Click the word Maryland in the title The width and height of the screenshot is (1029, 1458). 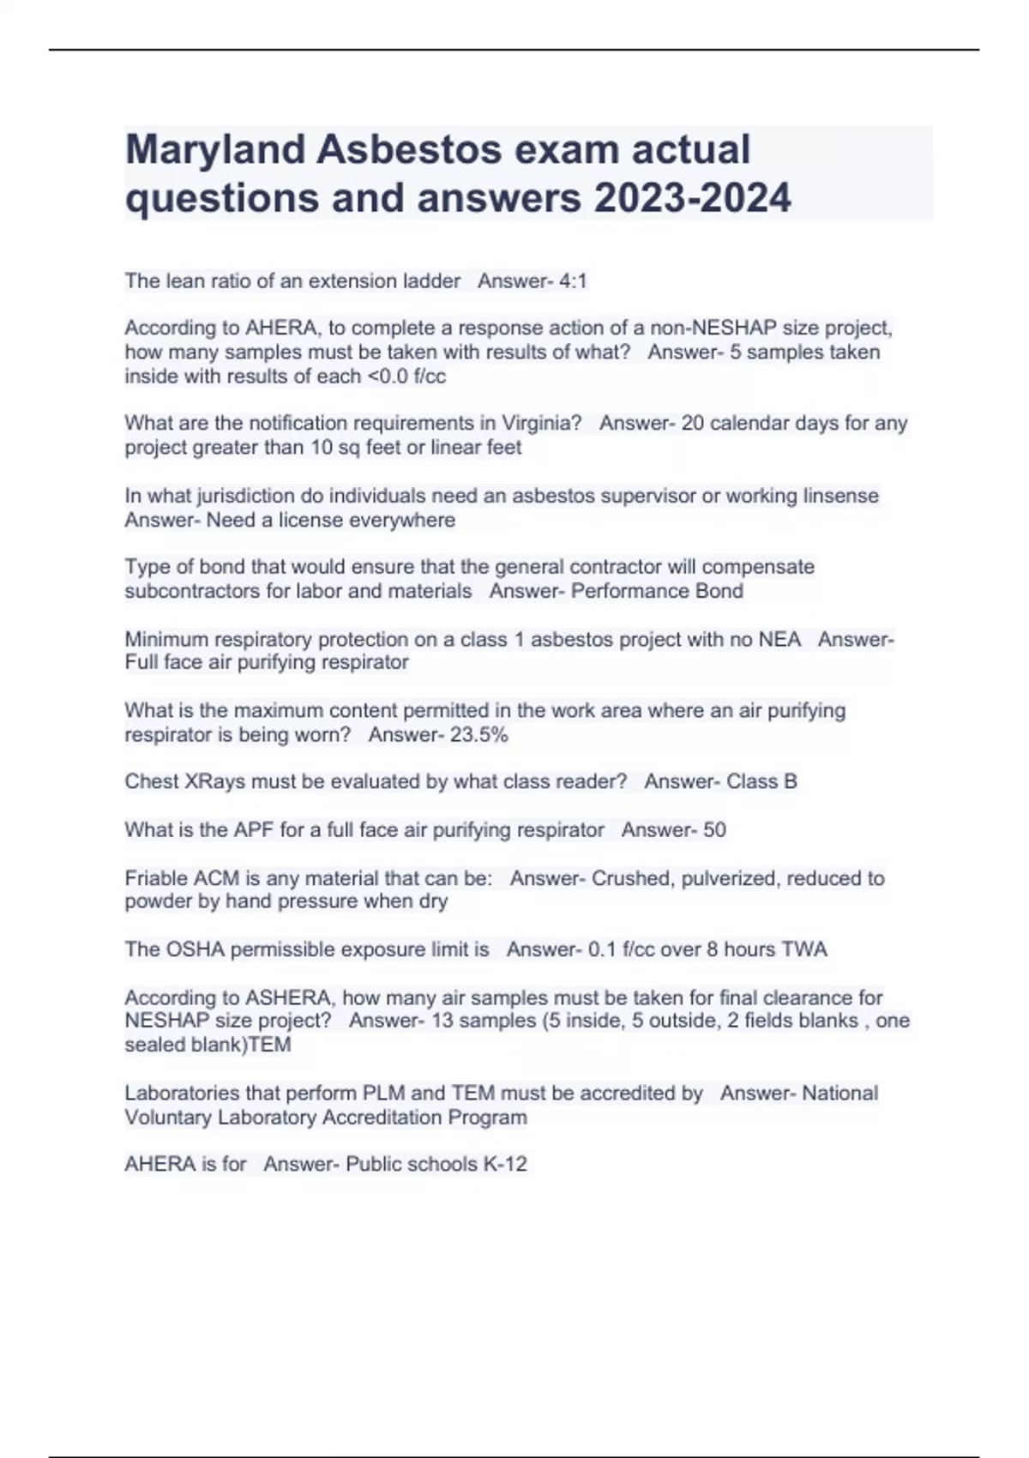[x=215, y=150]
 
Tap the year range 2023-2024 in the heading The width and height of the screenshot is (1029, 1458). [x=692, y=198]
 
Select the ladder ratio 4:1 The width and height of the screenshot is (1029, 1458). [x=572, y=281]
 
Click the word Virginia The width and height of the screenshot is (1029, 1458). [x=541, y=423]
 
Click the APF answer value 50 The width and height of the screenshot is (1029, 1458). [x=714, y=830]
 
